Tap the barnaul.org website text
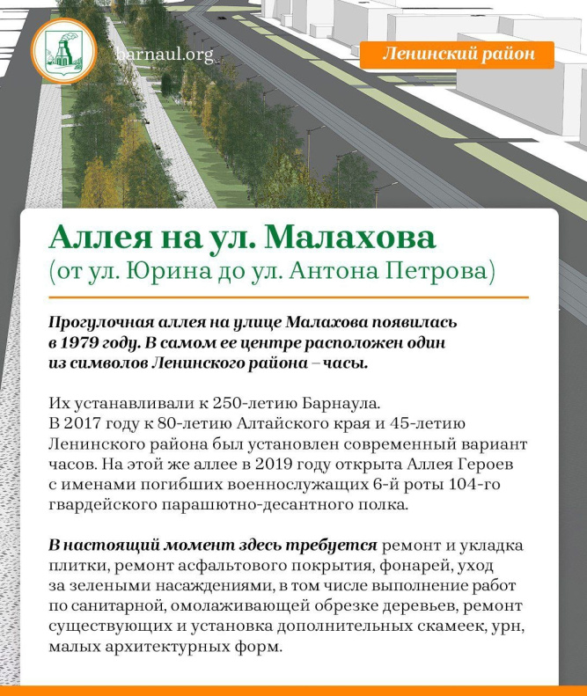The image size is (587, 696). [x=165, y=55]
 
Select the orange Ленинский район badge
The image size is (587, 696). [x=457, y=55]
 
